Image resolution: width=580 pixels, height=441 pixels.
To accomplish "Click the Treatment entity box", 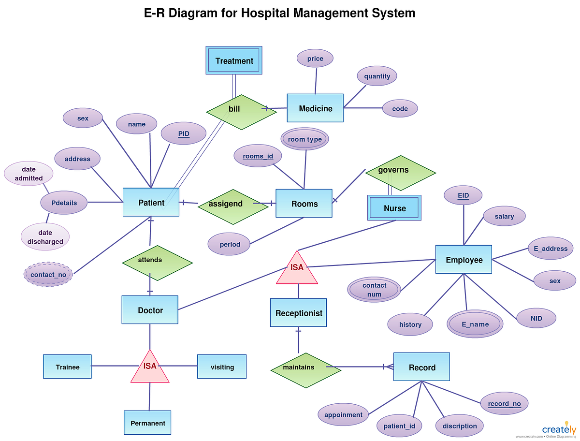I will tap(234, 60).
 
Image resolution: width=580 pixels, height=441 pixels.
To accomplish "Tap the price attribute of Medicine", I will tap(315, 59).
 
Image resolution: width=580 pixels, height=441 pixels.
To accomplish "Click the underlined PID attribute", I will tap(184, 133).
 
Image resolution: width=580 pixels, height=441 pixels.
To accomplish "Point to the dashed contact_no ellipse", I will tap(48, 275).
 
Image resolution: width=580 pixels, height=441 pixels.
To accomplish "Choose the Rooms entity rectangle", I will tap(304, 204).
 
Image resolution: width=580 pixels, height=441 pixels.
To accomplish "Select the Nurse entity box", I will tap(394, 208).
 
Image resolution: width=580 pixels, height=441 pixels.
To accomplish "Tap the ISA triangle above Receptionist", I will tap(297, 269).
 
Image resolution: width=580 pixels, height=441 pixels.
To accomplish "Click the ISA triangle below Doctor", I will tap(150, 367).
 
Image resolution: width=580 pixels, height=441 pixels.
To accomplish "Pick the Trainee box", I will tap(67, 367).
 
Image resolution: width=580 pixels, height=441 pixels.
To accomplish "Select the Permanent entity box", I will tap(147, 423).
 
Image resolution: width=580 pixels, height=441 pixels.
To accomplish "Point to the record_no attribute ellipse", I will tap(504, 403).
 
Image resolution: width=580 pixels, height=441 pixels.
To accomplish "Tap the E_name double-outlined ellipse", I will tap(475, 324).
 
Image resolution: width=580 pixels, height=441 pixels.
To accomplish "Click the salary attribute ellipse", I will tap(504, 216).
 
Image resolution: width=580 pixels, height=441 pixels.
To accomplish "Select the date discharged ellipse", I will tap(45, 237).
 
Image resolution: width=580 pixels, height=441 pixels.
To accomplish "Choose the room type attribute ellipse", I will tap(304, 139).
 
